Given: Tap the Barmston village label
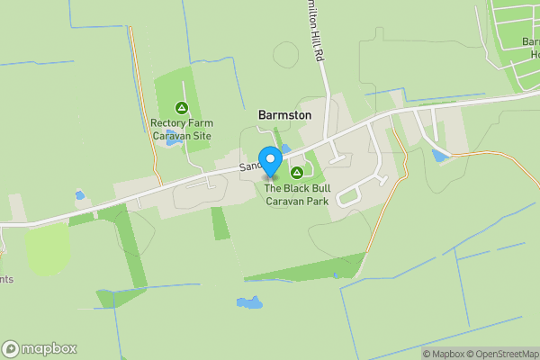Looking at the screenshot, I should click(x=284, y=115).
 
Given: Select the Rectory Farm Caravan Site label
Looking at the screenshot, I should click(x=181, y=130).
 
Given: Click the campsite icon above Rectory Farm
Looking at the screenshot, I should click(x=181, y=108).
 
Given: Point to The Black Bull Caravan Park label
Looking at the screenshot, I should click(x=295, y=194).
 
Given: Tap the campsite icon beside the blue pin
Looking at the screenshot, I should click(x=295, y=172).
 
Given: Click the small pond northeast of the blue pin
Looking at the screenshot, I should click(x=285, y=148).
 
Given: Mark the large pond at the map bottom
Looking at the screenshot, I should click(x=248, y=303).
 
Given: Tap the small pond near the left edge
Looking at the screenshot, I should click(x=80, y=194).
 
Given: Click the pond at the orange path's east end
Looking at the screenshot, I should click(x=440, y=156).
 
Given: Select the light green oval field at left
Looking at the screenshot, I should click(x=47, y=249).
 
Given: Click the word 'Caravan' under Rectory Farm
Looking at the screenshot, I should click(x=170, y=136).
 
